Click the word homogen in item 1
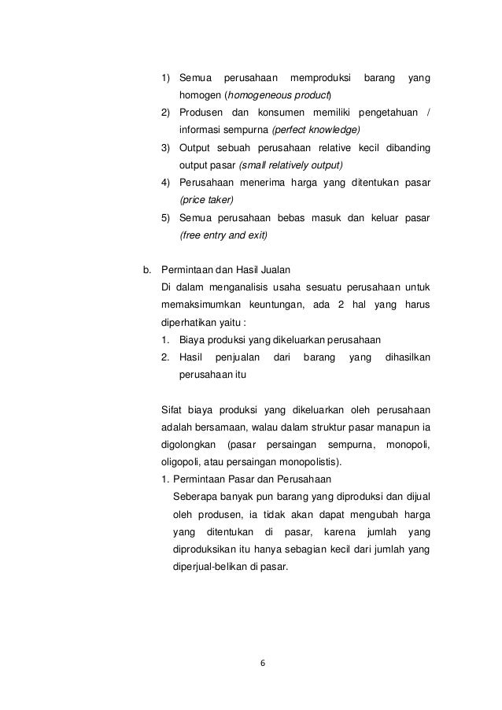tap(200, 96)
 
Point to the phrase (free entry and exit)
tap(223, 235)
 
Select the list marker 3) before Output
tap(166, 148)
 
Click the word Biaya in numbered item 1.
tap(194, 340)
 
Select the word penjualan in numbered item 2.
tap(238, 357)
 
